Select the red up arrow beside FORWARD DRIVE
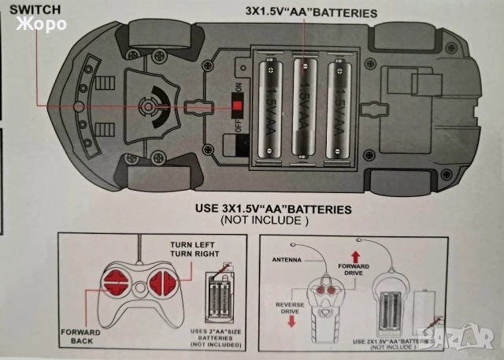[355, 254]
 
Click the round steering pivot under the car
[146, 105]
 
